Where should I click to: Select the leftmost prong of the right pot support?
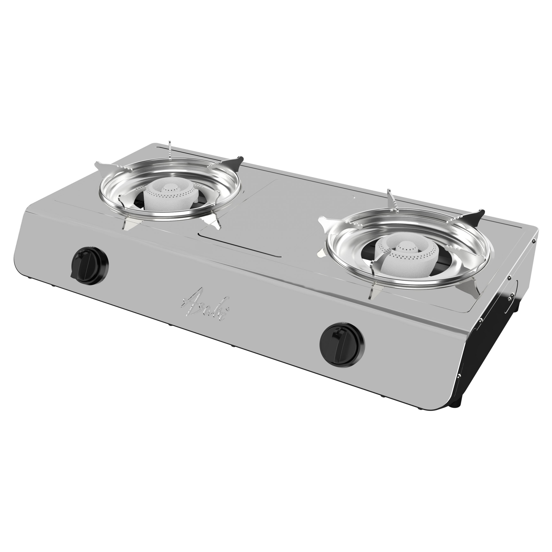(x=324, y=221)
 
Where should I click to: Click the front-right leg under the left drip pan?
(x=216, y=223)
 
